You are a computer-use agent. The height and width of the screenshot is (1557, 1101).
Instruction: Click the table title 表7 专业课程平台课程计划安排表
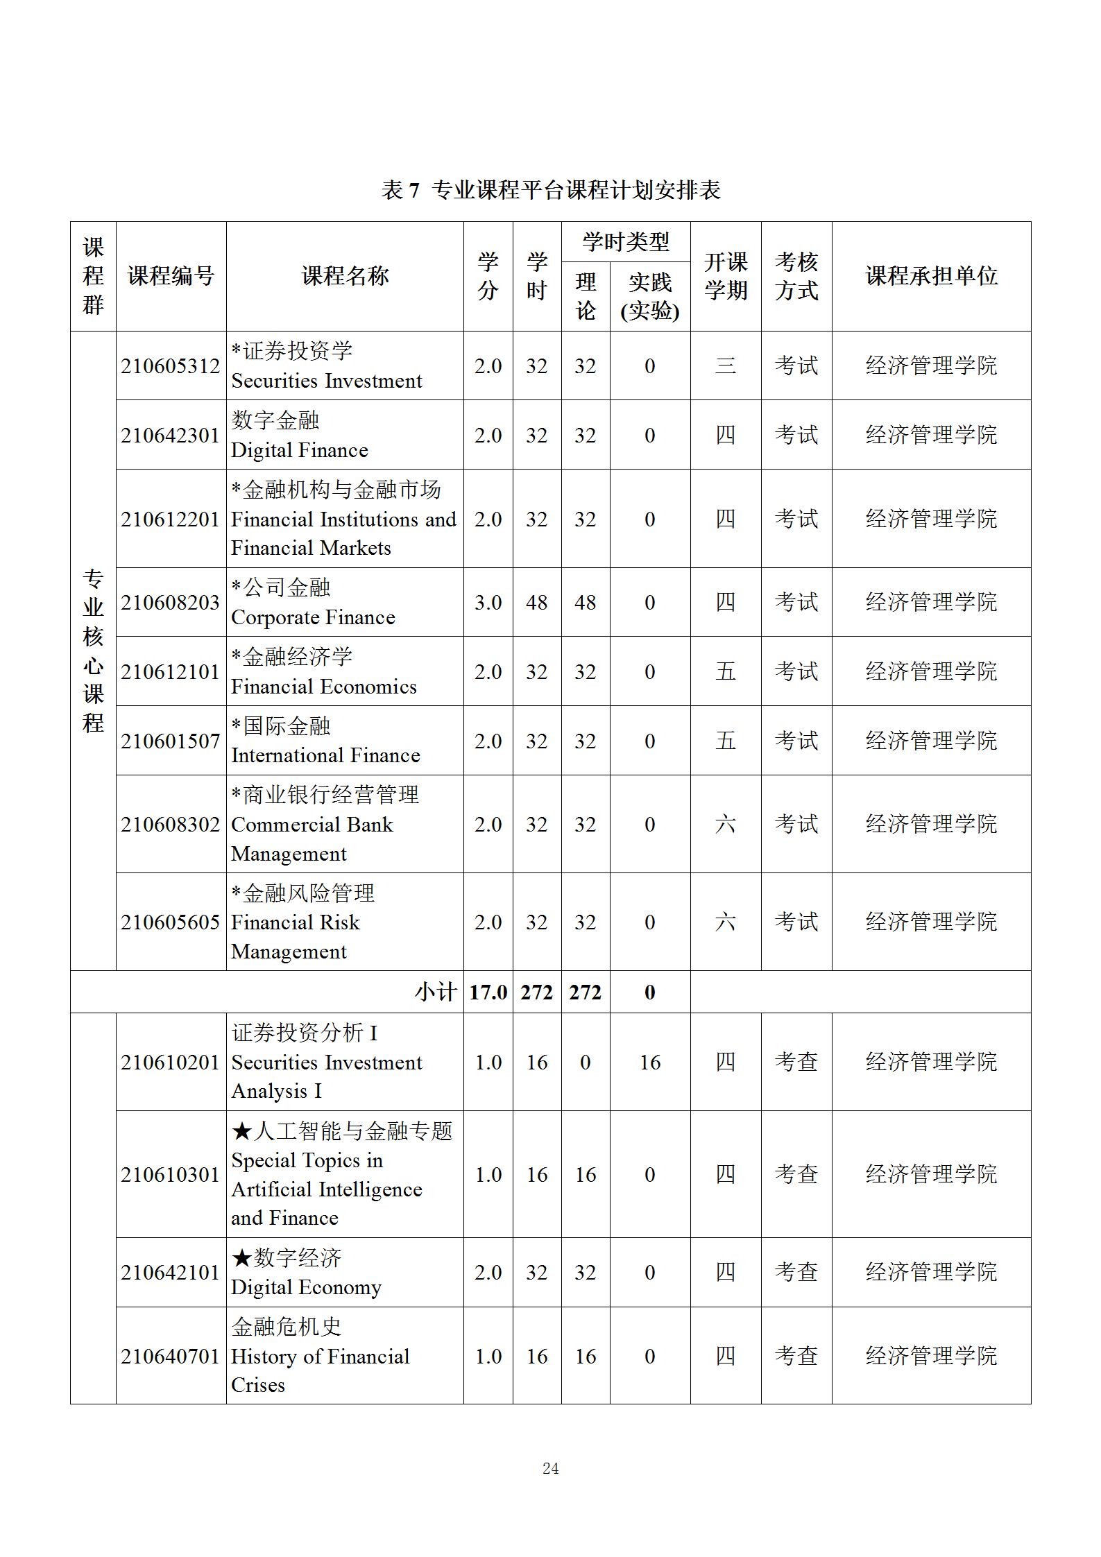point(550,190)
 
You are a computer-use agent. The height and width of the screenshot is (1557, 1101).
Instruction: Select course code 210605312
point(170,366)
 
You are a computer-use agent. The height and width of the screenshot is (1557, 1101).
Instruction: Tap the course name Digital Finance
point(300,450)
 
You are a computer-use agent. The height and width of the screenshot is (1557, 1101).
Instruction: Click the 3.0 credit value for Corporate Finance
point(488,602)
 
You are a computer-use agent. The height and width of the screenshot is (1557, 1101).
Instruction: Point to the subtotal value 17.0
point(488,992)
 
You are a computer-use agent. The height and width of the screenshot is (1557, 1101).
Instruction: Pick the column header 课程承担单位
point(931,276)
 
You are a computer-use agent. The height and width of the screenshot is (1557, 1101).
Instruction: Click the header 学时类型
point(625,242)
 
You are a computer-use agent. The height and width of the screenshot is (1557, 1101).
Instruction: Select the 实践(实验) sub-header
point(649,296)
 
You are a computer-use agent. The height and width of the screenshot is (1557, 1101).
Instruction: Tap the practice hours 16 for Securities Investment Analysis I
point(649,1062)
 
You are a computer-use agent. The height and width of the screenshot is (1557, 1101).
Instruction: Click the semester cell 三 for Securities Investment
point(725,365)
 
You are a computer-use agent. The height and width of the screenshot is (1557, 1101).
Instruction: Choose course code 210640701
point(170,1356)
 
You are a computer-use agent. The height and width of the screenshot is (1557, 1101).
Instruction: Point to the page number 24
point(550,1468)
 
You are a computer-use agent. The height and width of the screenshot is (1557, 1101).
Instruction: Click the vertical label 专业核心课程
point(93,651)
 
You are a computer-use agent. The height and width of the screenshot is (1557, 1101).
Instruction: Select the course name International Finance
point(325,755)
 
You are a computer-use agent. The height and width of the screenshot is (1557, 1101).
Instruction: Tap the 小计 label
point(435,992)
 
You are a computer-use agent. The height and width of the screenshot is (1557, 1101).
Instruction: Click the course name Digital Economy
point(306,1287)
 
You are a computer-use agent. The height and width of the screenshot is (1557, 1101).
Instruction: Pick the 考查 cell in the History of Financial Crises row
point(796,1355)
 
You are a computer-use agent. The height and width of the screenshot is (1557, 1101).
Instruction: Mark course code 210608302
point(170,824)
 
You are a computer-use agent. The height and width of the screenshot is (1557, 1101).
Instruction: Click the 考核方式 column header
point(796,276)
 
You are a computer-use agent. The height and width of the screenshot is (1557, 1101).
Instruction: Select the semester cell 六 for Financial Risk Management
point(725,922)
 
